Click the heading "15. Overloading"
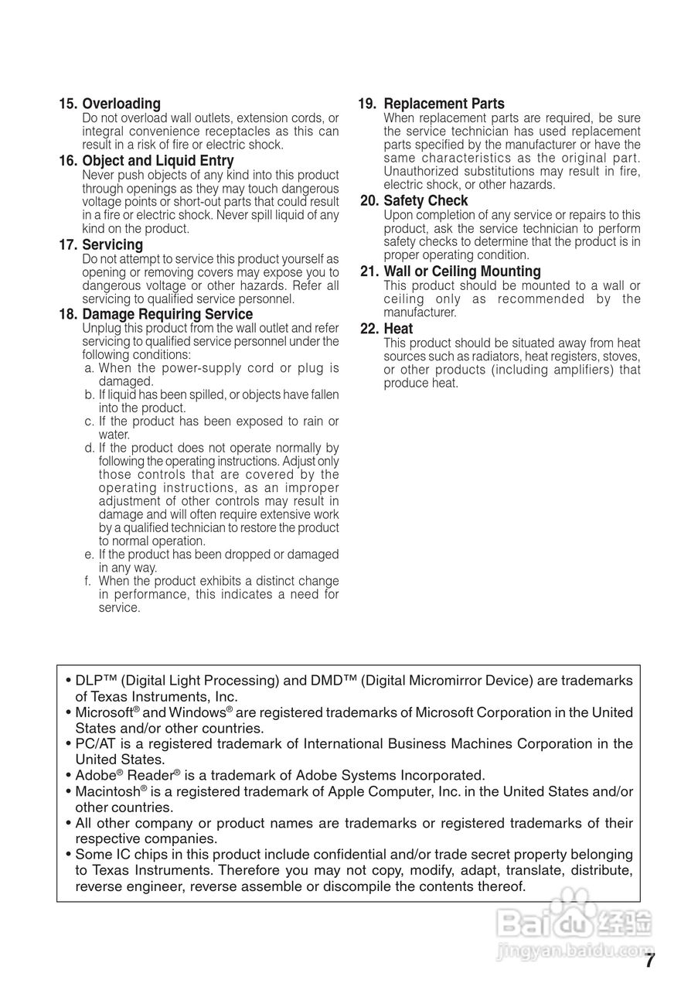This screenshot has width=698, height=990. pos(110,104)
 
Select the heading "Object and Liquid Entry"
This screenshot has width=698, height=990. pos(158,161)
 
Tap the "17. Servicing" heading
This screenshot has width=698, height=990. pos(101,245)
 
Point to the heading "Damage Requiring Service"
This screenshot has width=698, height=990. pos(167,315)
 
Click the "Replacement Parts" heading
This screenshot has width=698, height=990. pos(444,104)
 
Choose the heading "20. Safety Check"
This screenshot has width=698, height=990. pos(414,201)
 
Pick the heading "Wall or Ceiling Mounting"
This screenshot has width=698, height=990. pos(462,271)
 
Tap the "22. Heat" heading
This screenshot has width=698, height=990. pos(387,329)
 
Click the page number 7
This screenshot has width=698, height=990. pos(650,961)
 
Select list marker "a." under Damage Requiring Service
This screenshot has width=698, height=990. pos(90,369)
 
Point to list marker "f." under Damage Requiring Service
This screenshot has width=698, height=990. pos(89,581)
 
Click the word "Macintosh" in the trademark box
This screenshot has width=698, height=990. pos(107,792)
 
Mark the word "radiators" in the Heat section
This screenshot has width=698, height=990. pos(494,357)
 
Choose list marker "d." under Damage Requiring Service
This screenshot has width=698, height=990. pos(90,448)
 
